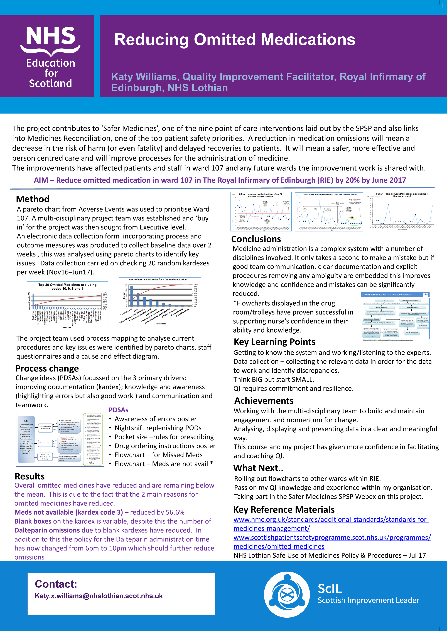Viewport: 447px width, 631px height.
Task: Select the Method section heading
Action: (33, 199)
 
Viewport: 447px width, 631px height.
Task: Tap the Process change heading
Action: (47, 368)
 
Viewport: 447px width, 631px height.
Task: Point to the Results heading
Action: (30, 476)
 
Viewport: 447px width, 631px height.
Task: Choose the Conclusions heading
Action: (256, 239)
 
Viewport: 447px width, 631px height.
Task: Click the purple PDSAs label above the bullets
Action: (119, 410)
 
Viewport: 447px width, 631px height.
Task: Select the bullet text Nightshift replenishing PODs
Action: (158, 428)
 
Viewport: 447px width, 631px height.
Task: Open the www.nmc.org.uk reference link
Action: (331, 519)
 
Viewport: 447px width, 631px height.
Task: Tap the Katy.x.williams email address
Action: (99, 596)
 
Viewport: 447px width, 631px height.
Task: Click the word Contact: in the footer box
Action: (56, 584)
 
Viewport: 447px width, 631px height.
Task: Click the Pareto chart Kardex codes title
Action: (158, 280)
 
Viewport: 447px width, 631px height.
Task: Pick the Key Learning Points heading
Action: (274, 342)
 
